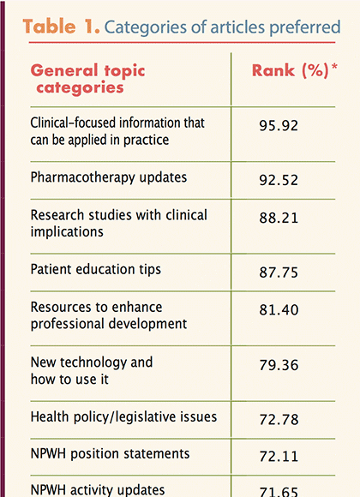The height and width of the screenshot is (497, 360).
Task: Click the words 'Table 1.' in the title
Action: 61,27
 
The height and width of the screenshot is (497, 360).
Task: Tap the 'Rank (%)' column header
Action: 291,70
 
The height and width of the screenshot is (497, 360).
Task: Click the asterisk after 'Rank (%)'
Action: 334,67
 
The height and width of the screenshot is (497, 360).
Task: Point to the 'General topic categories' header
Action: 88,79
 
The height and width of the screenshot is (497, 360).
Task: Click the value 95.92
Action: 279,125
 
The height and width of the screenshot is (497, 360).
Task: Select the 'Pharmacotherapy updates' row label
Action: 109,178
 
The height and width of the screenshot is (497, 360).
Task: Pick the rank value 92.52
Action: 279,180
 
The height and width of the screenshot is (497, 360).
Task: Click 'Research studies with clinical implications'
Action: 118,223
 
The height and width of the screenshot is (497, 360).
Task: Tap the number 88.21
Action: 279,218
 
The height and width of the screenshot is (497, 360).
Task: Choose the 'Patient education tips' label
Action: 96,270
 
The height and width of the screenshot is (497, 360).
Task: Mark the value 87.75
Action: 279,272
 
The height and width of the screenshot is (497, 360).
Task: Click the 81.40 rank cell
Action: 279,309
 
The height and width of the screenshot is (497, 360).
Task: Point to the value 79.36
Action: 279,365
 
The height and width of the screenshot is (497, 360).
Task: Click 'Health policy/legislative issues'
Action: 123,417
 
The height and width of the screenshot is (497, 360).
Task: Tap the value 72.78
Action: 279,420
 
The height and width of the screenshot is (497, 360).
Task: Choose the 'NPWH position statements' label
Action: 110,454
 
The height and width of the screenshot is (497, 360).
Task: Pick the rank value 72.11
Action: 279,457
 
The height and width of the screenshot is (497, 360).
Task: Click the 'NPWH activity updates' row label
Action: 98,490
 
